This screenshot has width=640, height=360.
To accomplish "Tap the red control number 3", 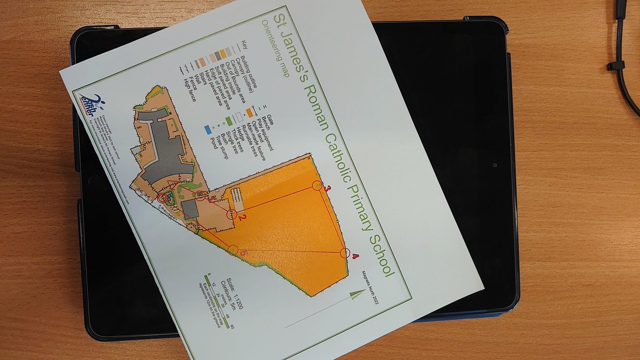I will [x=329, y=188].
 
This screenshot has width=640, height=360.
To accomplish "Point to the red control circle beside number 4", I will [x=345, y=253].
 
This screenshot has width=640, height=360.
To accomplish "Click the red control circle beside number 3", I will [x=317, y=186].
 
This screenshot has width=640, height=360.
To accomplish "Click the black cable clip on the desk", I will [x=616, y=66].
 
